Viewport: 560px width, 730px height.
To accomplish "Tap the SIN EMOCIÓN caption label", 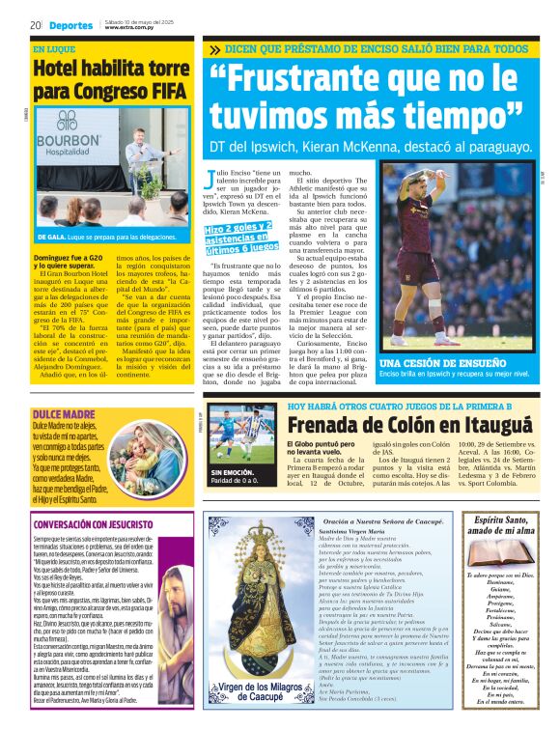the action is tap(231, 472).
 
